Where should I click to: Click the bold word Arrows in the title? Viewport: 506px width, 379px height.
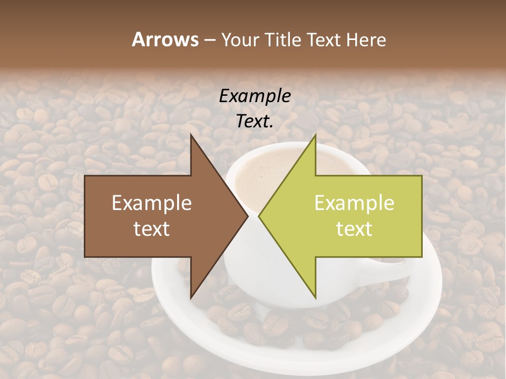(165, 39)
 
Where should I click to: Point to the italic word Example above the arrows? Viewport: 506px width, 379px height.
(255, 96)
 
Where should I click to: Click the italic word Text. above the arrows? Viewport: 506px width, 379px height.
(255, 122)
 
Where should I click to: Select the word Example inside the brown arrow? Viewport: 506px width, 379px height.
(152, 203)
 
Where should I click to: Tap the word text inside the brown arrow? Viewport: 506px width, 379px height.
(152, 229)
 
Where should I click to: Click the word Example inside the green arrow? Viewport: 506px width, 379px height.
(354, 203)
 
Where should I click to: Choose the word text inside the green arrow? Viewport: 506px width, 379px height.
(354, 229)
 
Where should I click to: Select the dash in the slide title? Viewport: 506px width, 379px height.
(209, 41)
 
